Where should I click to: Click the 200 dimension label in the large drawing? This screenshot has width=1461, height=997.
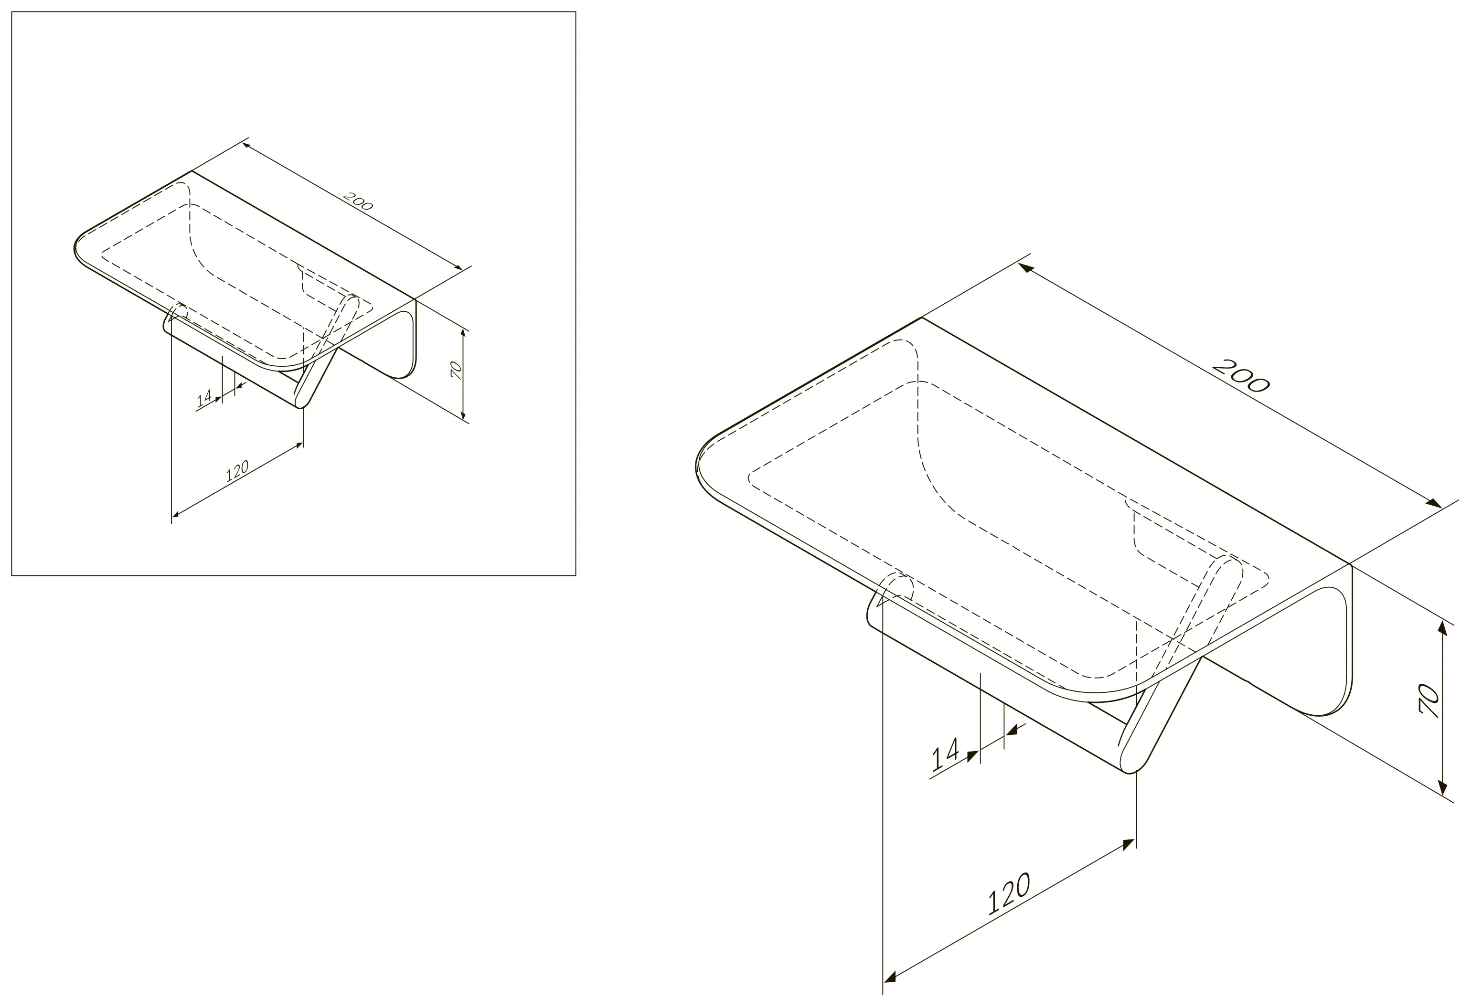pos(1240,375)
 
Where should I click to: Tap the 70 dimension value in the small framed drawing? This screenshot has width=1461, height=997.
pos(457,370)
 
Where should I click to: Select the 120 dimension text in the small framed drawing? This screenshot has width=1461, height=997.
pos(237,471)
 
